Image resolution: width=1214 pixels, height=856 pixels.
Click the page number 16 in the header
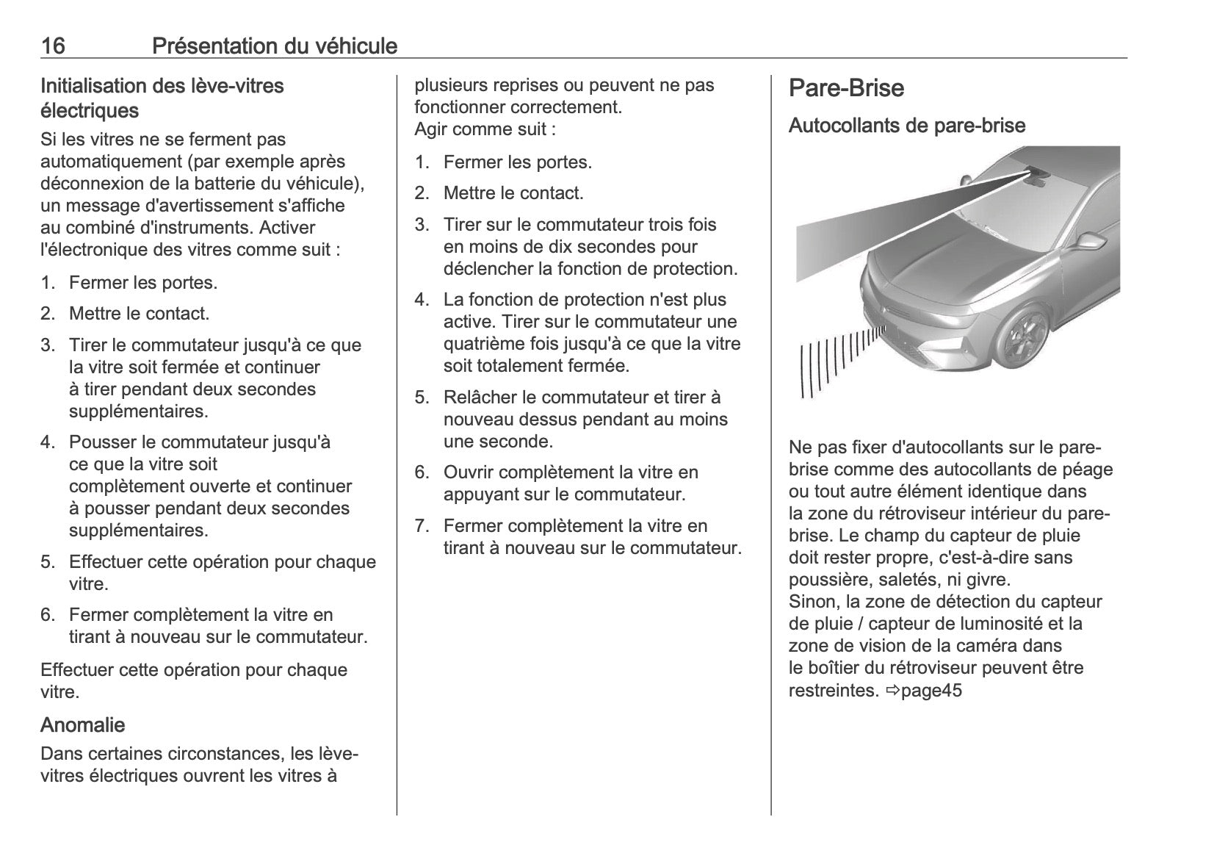point(53,46)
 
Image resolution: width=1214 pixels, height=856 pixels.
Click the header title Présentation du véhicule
point(275,46)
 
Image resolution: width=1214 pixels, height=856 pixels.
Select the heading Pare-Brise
point(846,88)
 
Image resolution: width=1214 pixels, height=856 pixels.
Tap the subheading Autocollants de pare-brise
point(906,126)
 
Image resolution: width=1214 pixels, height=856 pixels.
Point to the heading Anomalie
point(82,725)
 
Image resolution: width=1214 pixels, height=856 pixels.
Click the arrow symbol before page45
point(892,691)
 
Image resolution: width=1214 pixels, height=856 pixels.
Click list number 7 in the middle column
point(421,526)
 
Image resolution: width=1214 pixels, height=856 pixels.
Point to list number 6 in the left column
point(47,615)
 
